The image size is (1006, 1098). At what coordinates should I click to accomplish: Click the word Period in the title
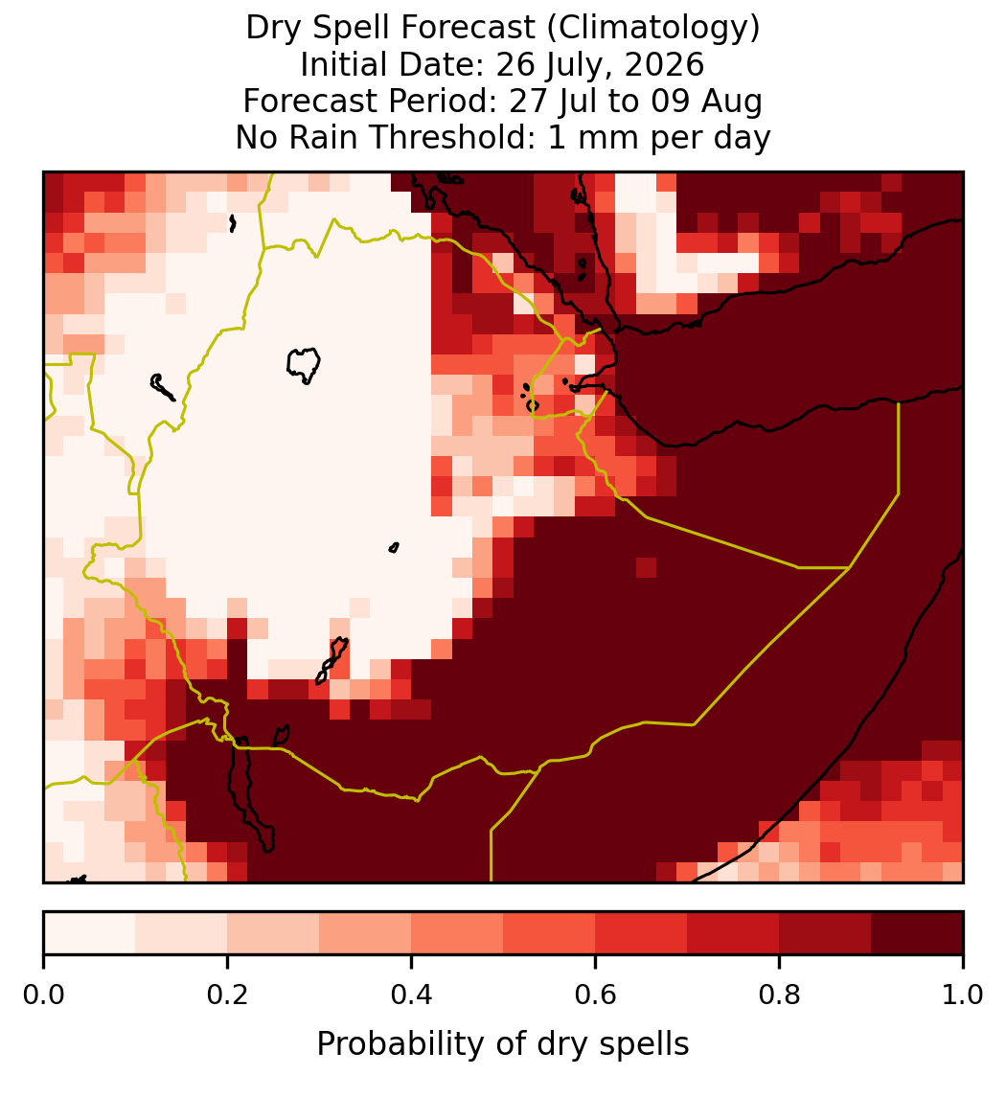pyautogui.click(x=442, y=101)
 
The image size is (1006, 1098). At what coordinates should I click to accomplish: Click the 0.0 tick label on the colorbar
pyautogui.click(x=43, y=995)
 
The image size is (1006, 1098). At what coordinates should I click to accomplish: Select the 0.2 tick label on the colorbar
pyautogui.click(x=227, y=995)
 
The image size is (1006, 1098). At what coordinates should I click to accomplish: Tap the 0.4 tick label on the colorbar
pyautogui.click(x=412, y=995)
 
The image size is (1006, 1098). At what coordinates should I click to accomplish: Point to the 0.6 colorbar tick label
pyautogui.click(x=596, y=995)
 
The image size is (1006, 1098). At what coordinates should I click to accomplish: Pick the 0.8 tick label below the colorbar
pyautogui.click(x=780, y=995)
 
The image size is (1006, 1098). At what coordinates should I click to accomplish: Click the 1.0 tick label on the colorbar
pyautogui.click(x=963, y=995)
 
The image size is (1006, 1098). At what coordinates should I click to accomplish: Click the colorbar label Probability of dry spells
pyautogui.click(x=503, y=1044)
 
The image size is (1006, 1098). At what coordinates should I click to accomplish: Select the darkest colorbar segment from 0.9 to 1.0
pyautogui.click(x=918, y=933)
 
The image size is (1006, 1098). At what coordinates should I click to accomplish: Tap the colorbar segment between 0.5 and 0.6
pyautogui.click(x=550, y=933)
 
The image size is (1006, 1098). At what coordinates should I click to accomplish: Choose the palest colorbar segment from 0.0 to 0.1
pyautogui.click(x=90, y=933)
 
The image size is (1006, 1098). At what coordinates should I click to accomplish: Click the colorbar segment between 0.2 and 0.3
pyautogui.click(x=273, y=933)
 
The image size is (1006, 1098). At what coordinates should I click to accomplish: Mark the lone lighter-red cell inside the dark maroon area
pyautogui.click(x=646, y=568)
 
